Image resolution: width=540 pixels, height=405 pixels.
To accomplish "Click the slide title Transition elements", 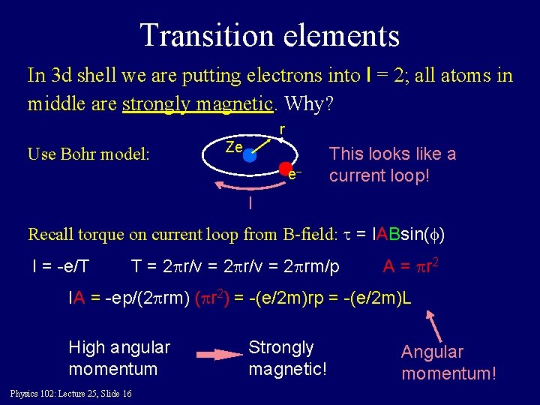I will pos(269,34).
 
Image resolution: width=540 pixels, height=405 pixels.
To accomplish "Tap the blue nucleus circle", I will pos(250,156).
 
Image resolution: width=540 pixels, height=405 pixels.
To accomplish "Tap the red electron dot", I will pos(286,169).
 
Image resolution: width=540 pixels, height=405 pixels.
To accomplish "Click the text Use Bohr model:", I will pos(88,154).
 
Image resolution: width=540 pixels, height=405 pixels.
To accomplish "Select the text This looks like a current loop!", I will pos(392,164).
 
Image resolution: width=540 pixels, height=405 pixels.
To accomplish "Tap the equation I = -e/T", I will pos(60,267).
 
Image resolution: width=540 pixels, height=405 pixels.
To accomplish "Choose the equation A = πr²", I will pos(409,267).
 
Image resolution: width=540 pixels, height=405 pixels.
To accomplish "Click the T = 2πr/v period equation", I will pos(235,267).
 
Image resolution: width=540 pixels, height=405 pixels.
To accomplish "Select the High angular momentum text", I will pos(119,358).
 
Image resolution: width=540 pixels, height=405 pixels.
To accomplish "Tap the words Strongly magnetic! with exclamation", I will pos(287,358).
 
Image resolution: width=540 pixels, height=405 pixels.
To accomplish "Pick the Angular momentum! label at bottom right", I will pos(448,362).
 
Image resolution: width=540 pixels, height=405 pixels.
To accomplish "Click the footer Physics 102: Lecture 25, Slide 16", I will pos(71,394).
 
